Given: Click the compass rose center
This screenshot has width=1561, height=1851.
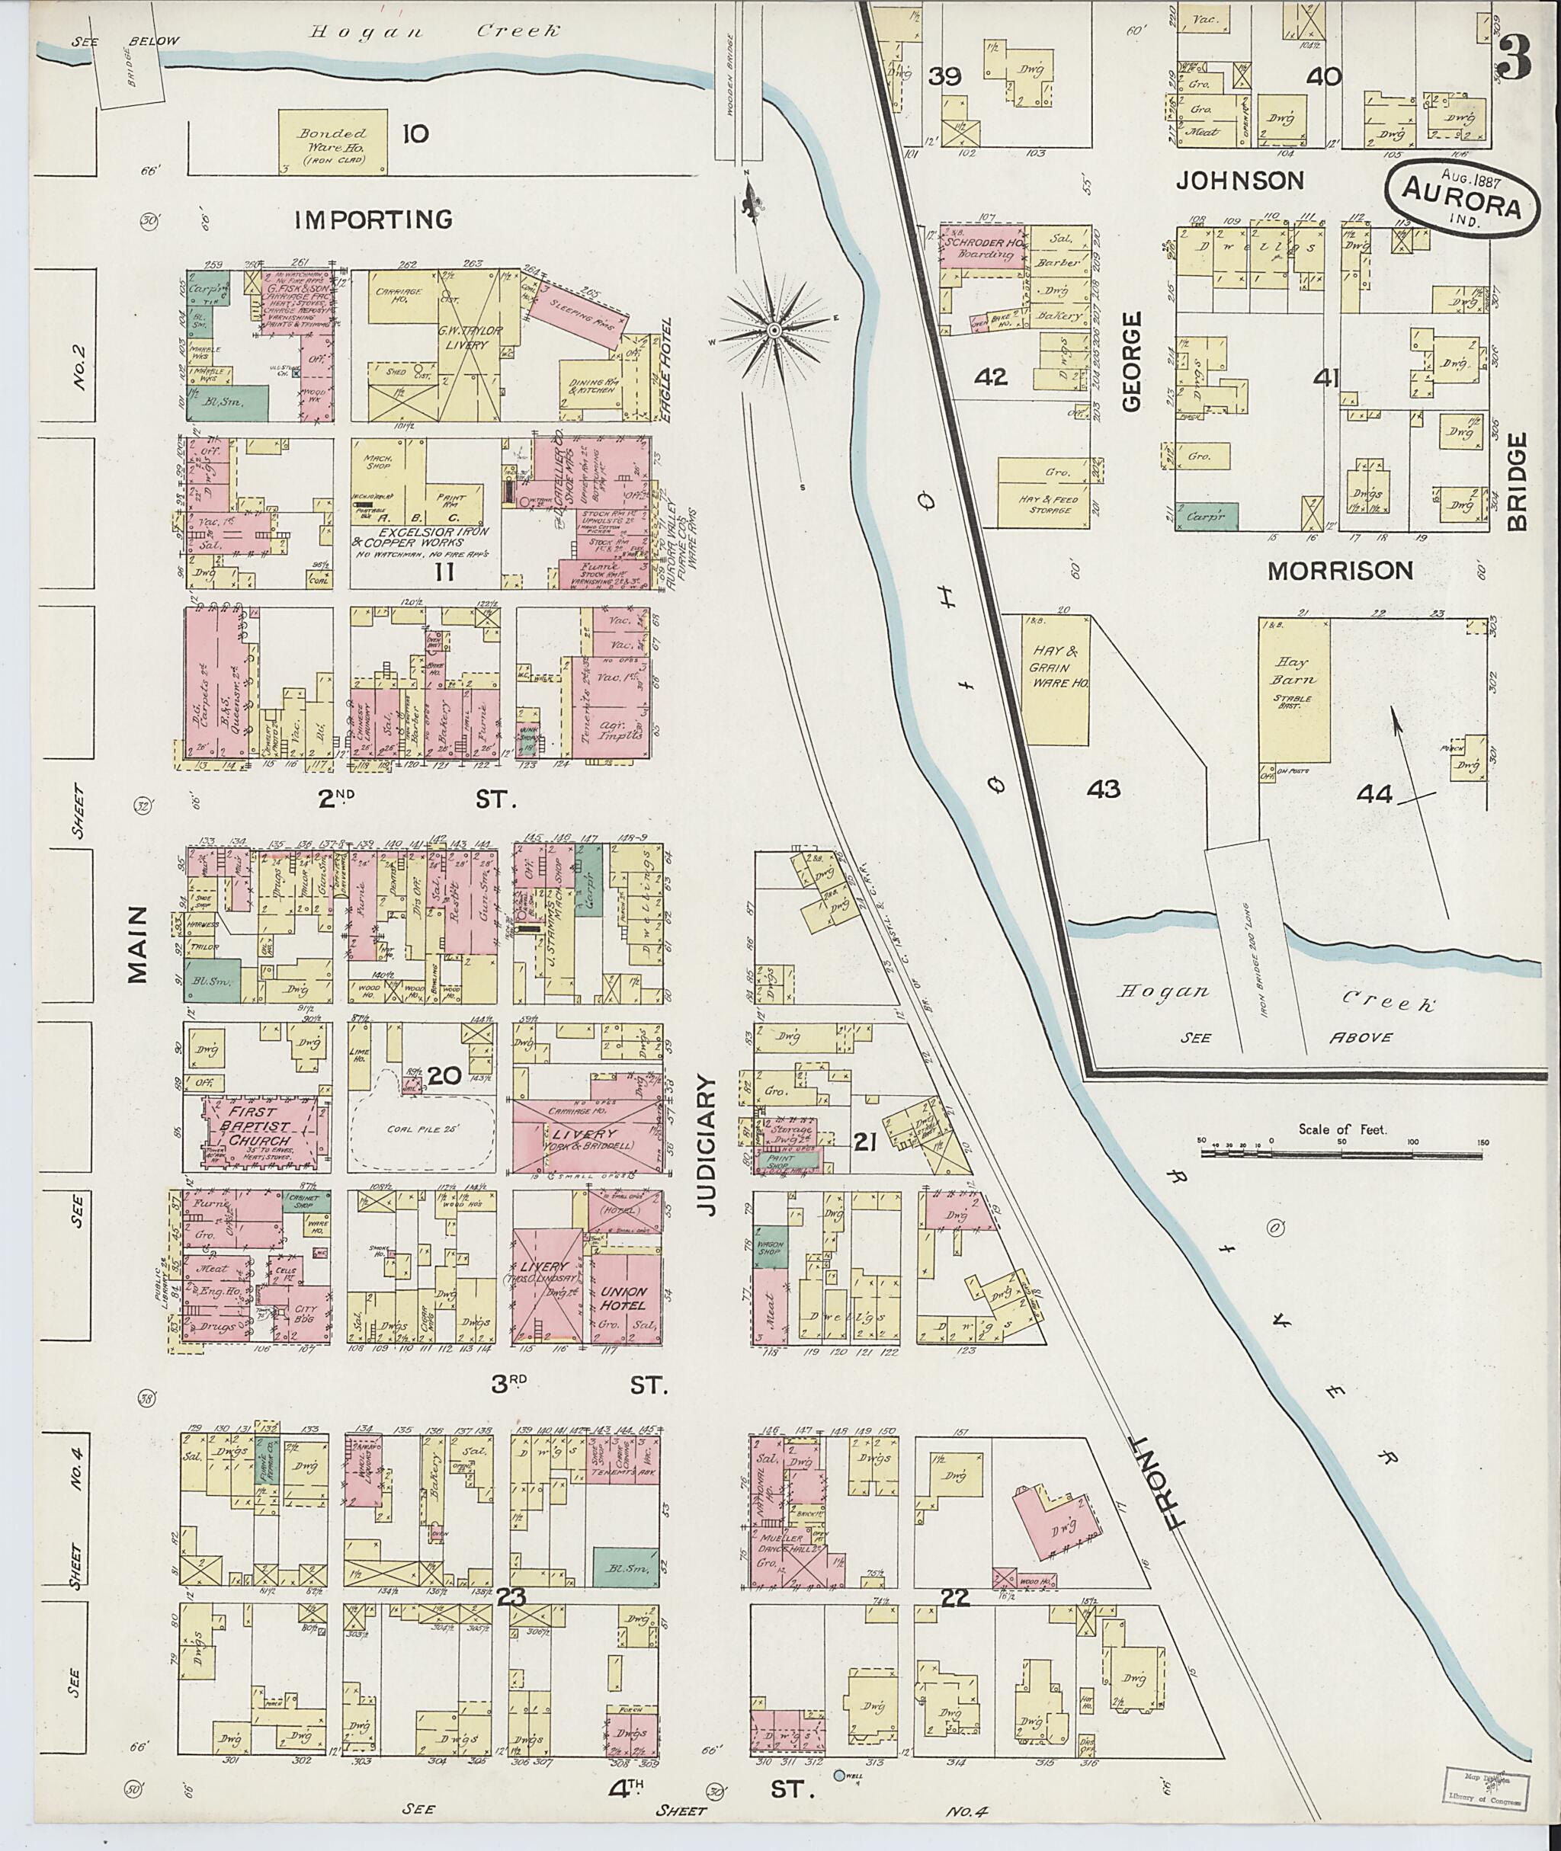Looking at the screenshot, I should coord(774,330).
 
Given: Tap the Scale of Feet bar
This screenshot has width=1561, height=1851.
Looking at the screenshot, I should coord(1341,1154).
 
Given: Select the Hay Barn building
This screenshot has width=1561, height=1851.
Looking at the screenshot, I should coord(1295,698).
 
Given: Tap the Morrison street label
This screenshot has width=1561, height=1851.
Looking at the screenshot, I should coord(1340,572).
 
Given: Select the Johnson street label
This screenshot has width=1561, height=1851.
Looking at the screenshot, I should coord(1240,181).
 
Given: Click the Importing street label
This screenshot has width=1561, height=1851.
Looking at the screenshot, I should coord(373,219).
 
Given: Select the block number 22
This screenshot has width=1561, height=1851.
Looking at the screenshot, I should coord(957,1598).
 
